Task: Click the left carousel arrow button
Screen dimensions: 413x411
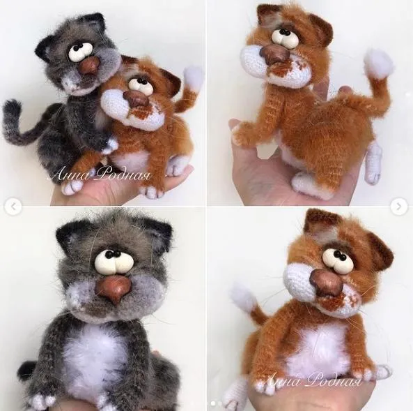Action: point(13,206)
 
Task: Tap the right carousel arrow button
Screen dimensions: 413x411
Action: point(399,206)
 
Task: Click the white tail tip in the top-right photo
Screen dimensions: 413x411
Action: point(379,63)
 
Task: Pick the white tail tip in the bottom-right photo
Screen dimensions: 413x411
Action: point(244,297)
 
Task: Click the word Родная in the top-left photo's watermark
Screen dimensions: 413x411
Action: point(123,175)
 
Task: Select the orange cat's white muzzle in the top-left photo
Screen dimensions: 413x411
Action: point(127,111)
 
